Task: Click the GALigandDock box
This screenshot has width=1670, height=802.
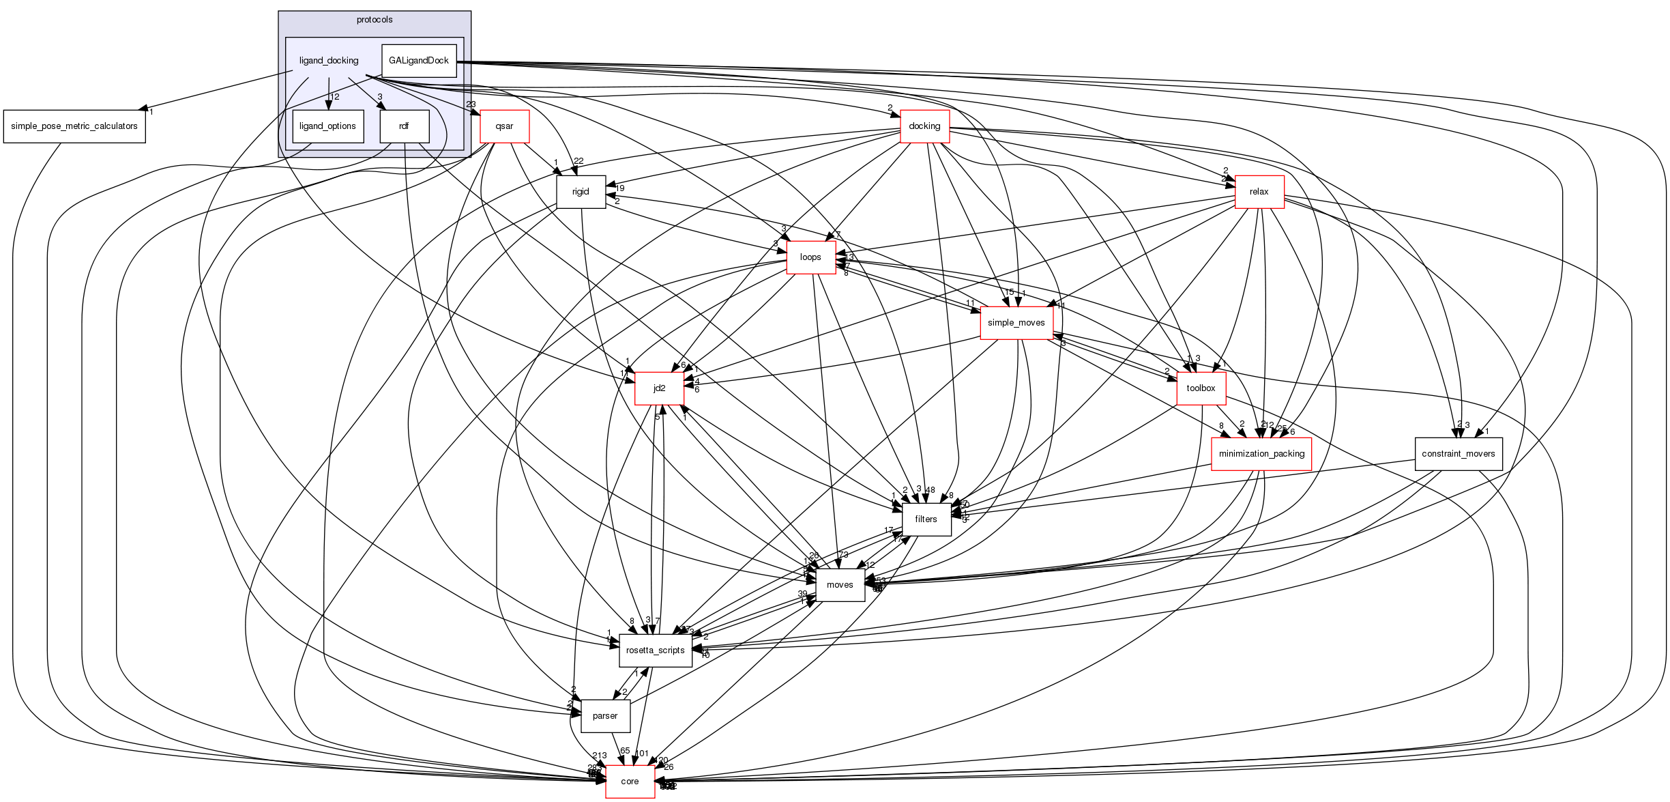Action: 418,61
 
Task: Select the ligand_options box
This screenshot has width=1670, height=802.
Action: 327,126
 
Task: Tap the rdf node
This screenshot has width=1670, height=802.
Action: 404,126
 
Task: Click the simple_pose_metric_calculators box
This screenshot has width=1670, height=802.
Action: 74,126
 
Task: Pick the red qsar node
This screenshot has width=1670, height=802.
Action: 504,126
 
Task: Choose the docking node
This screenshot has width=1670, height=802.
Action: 924,126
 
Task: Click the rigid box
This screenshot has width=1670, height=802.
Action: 581,192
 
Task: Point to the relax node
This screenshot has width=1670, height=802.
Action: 1259,192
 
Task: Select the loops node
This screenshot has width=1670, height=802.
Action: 810,257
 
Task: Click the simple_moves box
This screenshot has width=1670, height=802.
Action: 1016,323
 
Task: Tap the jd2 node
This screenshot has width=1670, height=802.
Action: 659,388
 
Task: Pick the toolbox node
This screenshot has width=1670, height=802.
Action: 1201,388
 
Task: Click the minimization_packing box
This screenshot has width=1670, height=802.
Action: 1261,454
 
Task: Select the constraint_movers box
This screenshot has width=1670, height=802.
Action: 1458,454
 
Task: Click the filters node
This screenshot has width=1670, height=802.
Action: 926,519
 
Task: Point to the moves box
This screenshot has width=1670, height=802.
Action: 840,585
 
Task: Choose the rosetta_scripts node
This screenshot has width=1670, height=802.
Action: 655,650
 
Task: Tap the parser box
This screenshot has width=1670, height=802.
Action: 605,716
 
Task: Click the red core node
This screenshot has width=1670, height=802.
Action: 630,782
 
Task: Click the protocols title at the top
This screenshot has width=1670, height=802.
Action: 375,20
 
